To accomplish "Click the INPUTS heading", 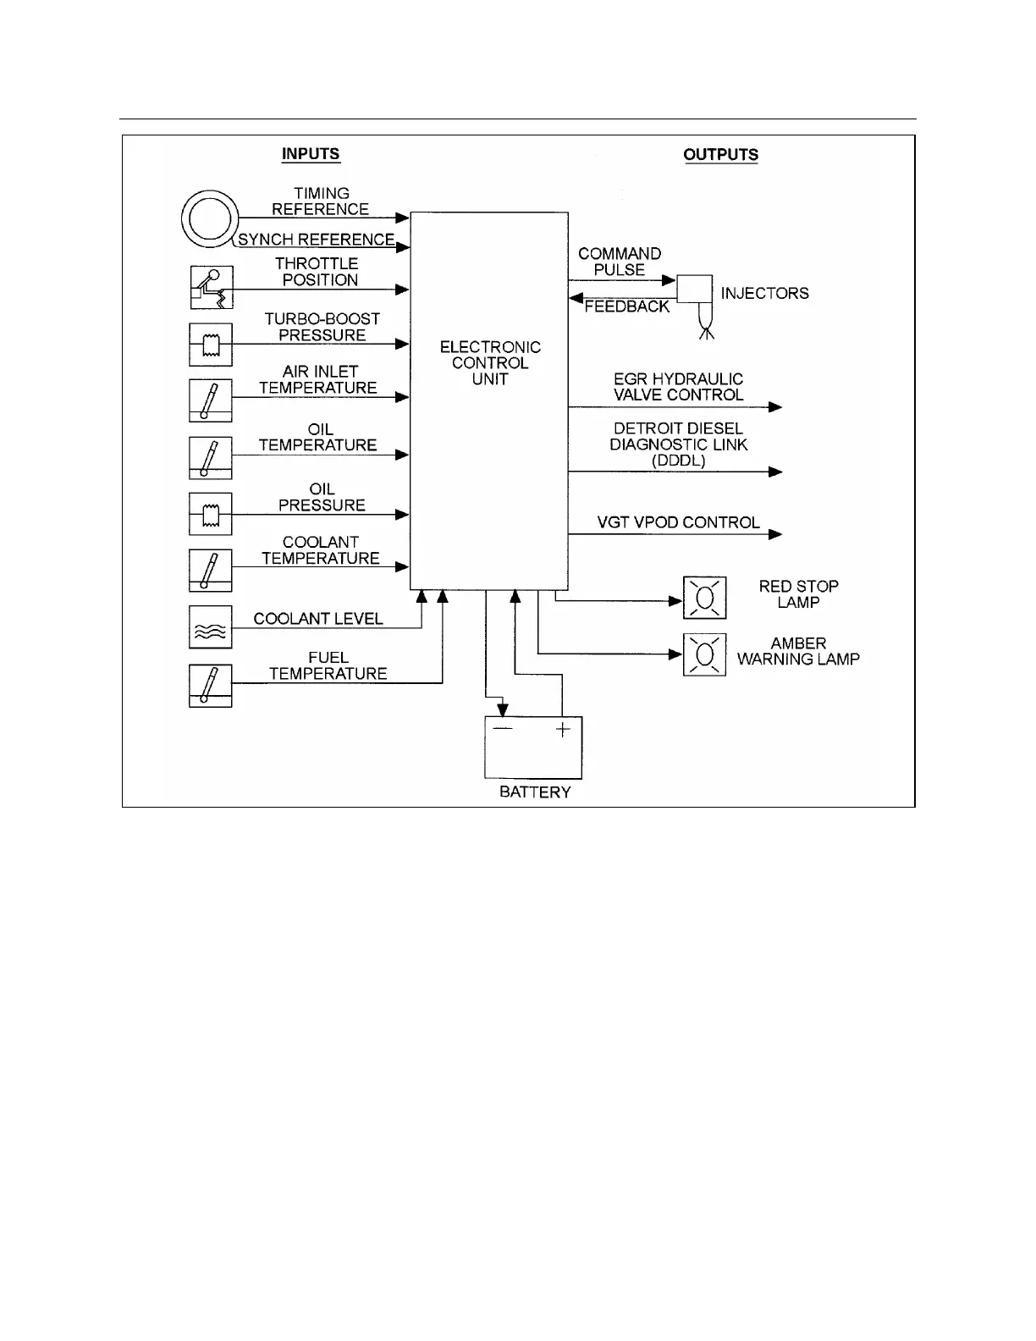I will (311, 154).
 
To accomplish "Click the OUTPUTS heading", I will (720, 155).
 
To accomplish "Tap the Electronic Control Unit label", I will (490, 363).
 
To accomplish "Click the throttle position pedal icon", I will (211, 288).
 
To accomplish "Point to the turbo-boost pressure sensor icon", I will (211, 344).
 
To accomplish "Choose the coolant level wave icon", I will (211, 628).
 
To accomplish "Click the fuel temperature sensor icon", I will (211, 686).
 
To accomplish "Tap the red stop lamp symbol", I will (704, 598).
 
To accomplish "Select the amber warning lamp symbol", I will (704, 655).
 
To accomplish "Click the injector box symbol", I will (695, 290).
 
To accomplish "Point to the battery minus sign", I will (503, 729).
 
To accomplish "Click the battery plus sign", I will (563, 729).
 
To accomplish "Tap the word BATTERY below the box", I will (535, 792).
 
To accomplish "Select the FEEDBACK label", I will (626, 306).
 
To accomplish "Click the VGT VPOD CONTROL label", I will (678, 522).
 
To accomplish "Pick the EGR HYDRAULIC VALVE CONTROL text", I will (678, 387).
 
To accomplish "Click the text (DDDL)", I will (678, 461).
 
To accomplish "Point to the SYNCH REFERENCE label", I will (316, 240).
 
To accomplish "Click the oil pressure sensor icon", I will (211, 514).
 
